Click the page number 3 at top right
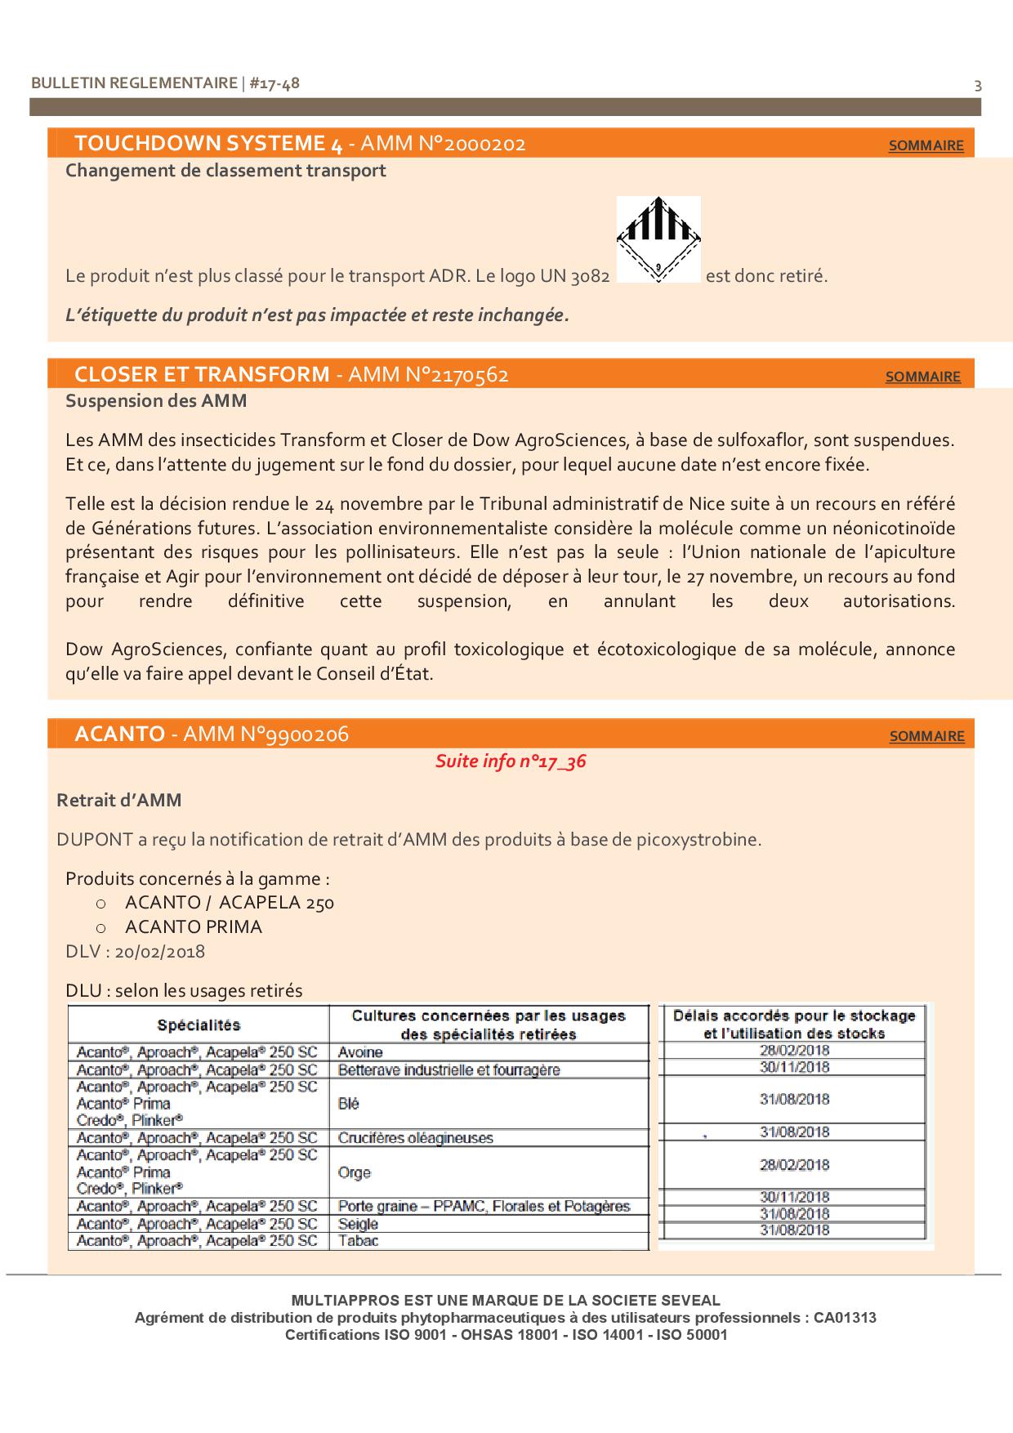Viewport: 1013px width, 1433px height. pyautogui.click(x=978, y=86)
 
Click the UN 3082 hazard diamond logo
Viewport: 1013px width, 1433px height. pyautogui.click(x=658, y=239)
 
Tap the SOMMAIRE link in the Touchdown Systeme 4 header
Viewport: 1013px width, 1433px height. pyautogui.click(x=926, y=145)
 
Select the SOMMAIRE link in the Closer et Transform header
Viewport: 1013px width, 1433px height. pyautogui.click(x=922, y=377)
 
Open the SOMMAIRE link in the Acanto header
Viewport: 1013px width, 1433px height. pyautogui.click(x=926, y=736)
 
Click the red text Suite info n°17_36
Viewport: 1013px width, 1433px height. pyautogui.click(x=511, y=761)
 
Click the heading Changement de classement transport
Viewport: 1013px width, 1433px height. pyautogui.click(x=225, y=171)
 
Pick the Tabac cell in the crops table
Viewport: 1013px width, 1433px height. pyautogui.click(x=359, y=1240)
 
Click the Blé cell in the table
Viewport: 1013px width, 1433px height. pyautogui.click(x=349, y=1103)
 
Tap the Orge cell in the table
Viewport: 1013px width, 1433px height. pyautogui.click(x=355, y=1172)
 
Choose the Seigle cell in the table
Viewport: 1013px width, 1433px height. pyautogui.click(x=359, y=1224)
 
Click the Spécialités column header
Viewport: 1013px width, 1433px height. pyautogui.click(x=199, y=1025)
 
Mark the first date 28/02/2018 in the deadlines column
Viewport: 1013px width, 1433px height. pyautogui.click(x=794, y=1051)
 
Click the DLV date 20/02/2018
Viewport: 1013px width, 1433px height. pyautogui.click(x=160, y=952)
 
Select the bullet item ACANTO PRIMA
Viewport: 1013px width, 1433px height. pyautogui.click(x=194, y=927)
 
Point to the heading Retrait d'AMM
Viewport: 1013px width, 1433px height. pyautogui.click(x=119, y=801)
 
